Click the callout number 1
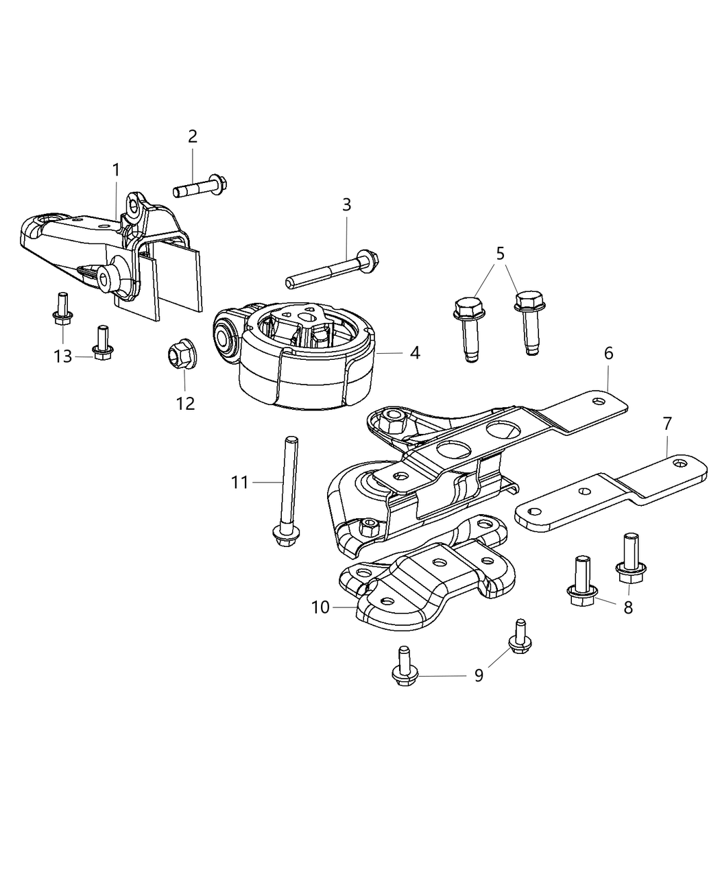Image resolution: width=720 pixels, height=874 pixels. point(116,169)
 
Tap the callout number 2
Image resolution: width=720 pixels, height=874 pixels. point(193,136)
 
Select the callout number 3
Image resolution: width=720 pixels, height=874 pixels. point(346,204)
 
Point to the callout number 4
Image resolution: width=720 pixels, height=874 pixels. point(415,353)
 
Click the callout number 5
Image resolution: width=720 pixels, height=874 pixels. point(501,253)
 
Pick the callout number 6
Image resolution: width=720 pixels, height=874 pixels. point(608,353)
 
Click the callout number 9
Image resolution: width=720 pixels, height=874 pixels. point(479,675)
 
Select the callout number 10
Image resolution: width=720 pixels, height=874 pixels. point(320,607)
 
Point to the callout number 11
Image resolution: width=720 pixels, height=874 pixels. point(239,483)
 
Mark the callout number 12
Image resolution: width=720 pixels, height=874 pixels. point(185,403)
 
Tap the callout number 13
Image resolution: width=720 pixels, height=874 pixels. point(63,356)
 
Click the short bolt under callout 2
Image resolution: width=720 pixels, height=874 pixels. point(200,185)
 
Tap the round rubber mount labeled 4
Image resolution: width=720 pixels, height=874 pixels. point(302,356)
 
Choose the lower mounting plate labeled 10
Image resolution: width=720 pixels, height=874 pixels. point(425,583)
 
